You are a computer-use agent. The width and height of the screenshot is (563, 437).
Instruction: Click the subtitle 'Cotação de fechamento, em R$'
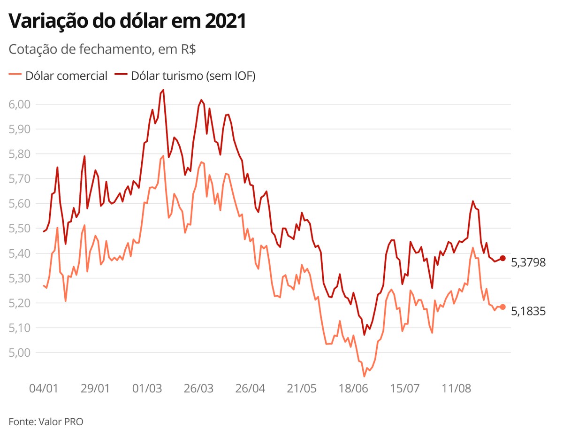pos(102,50)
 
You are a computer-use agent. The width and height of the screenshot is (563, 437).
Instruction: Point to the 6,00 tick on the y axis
pos(20,104)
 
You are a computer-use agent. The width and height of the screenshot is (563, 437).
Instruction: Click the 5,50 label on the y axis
pos(20,229)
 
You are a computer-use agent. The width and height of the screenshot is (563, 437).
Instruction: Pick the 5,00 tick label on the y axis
pos(20,353)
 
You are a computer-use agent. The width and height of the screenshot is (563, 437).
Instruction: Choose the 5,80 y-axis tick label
pos(20,154)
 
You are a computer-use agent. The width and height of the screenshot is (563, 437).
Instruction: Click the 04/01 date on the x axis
pos(44,389)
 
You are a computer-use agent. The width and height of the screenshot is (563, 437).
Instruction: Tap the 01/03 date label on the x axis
pos(147,389)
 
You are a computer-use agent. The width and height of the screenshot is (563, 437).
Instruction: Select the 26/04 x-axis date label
pos(250,389)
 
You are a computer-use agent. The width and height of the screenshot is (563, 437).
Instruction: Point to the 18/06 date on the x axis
pos(353,389)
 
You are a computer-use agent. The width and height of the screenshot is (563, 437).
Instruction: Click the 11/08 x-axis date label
pos(456,389)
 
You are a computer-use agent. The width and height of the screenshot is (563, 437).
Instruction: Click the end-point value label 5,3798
pos(528,262)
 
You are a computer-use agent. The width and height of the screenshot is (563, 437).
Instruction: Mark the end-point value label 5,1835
pos(528,311)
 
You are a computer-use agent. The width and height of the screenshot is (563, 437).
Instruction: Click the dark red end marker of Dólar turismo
pos(502,258)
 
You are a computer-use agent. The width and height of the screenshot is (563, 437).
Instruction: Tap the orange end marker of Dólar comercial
pos(502,307)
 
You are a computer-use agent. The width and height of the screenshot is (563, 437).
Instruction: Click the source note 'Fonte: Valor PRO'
pos(46,422)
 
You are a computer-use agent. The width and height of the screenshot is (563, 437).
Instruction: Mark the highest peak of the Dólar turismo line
pos(163,90)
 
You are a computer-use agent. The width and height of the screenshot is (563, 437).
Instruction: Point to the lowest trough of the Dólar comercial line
pos(364,376)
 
